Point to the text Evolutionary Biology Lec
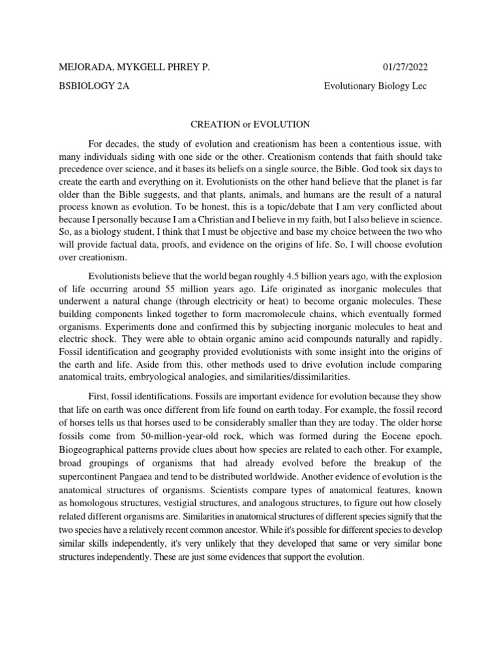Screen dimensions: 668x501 pyautogui.click(x=376, y=87)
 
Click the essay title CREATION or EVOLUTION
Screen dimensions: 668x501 pyautogui.click(x=250, y=123)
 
